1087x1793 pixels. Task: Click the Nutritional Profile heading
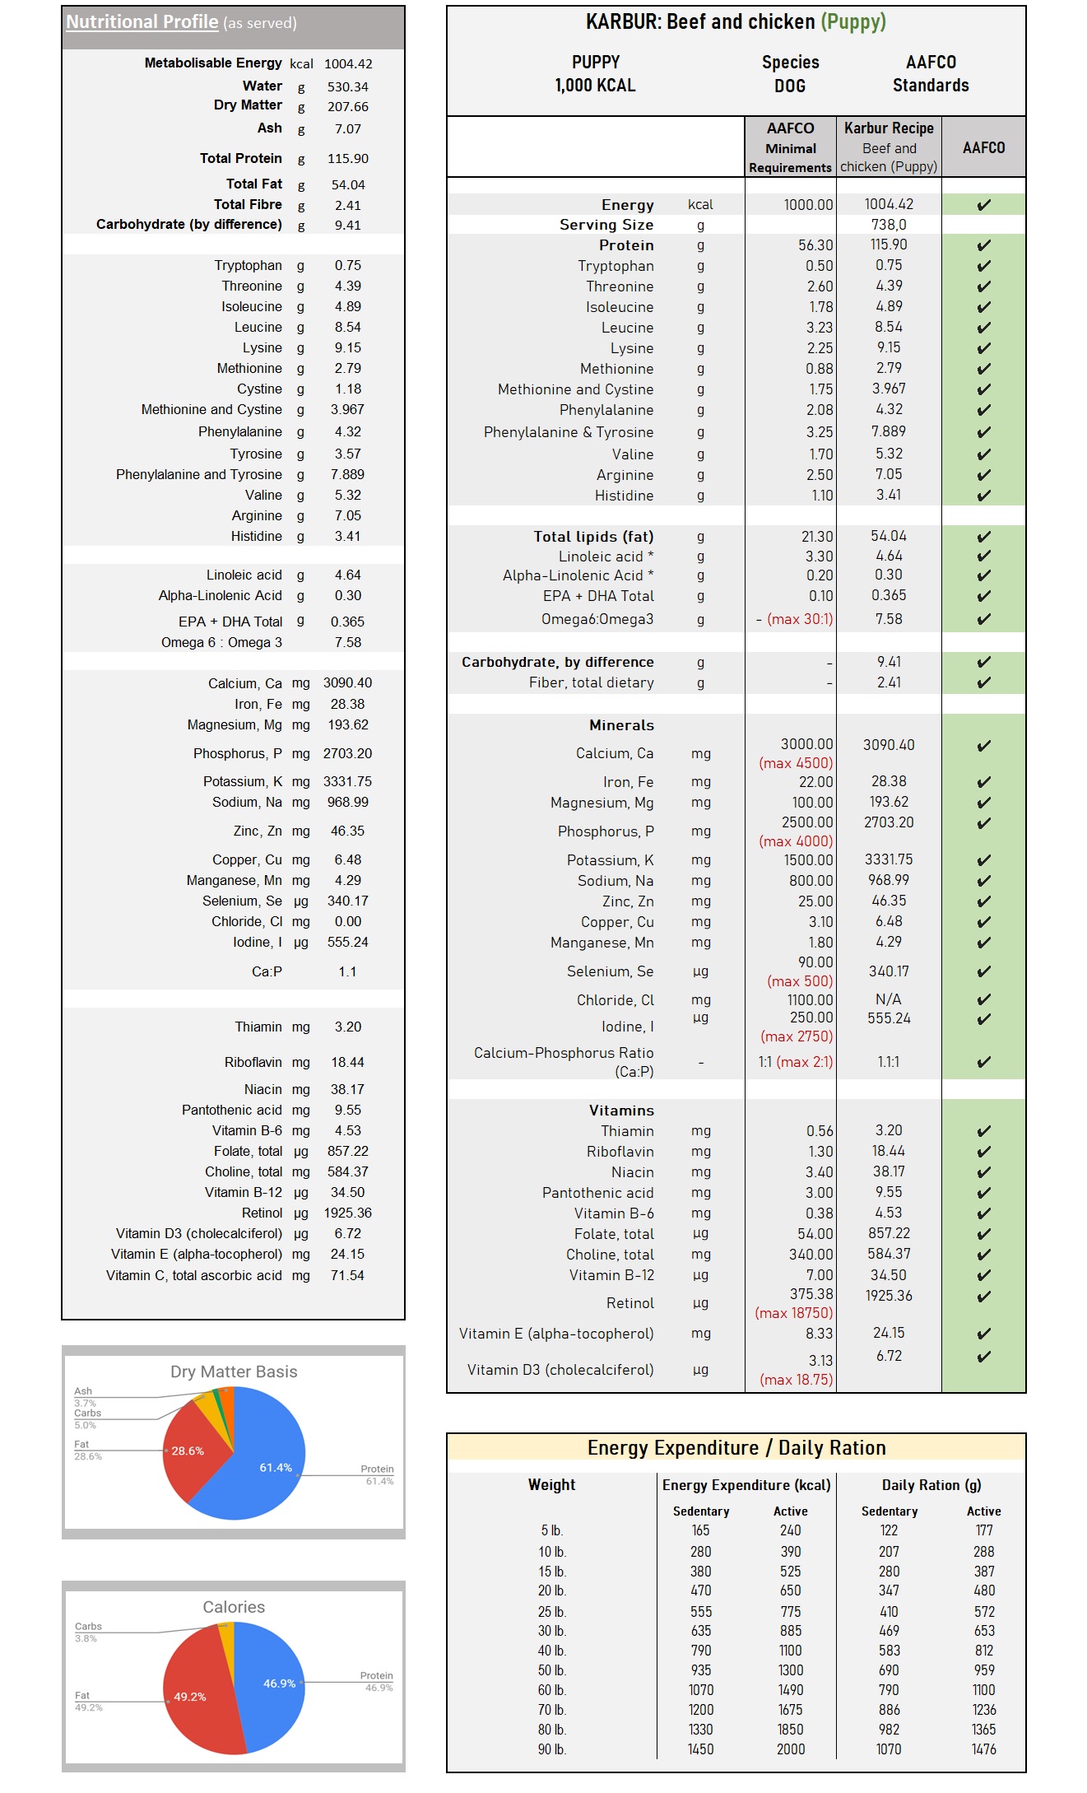[142, 22]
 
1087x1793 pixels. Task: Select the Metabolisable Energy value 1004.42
[348, 64]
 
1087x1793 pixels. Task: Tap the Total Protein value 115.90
[348, 159]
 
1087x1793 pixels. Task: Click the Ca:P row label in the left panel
[267, 972]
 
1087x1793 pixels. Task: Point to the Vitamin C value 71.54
[347, 1275]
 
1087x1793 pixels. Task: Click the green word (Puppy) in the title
[853, 22]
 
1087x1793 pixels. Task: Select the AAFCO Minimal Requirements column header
[790, 147]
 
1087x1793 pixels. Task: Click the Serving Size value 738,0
[889, 225]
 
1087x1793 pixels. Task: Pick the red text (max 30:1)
[800, 619]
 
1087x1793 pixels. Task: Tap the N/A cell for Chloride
[888, 999]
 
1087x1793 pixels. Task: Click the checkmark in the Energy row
[983, 205]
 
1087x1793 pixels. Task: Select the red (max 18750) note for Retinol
[794, 1313]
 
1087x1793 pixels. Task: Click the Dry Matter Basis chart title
[234, 1372]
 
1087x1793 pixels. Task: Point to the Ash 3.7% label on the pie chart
[84, 1397]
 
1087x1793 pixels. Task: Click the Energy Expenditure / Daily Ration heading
[736, 1448]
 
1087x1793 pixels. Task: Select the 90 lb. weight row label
[552, 1749]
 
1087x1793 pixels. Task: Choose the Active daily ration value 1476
[983, 1749]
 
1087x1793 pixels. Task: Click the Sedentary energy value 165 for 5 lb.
[700, 1530]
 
